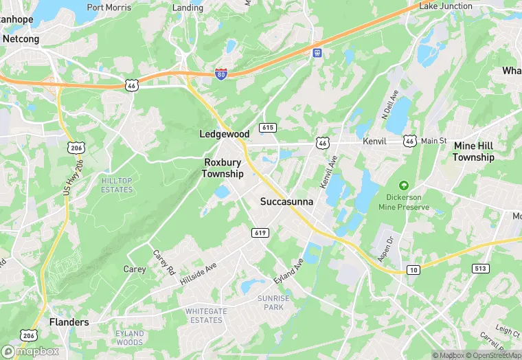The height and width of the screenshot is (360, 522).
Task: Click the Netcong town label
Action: (21, 39)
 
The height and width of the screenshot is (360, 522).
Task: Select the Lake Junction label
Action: (446, 6)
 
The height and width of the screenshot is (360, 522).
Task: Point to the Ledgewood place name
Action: (224, 133)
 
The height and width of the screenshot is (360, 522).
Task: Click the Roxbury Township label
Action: (223, 168)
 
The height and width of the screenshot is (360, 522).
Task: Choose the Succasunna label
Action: (286, 202)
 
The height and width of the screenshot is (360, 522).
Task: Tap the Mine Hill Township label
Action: (473, 153)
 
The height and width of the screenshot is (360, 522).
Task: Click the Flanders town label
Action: (69, 322)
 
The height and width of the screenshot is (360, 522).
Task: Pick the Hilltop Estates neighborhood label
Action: (117, 185)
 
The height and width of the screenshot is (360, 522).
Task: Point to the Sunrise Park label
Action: (274, 302)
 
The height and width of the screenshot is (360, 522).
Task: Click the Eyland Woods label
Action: (130, 338)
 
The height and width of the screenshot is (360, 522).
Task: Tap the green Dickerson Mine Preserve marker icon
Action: (404, 185)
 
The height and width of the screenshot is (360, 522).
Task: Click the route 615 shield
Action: (268, 128)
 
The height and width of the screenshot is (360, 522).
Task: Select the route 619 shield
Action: (260, 233)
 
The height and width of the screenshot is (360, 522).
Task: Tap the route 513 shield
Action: (481, 268)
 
